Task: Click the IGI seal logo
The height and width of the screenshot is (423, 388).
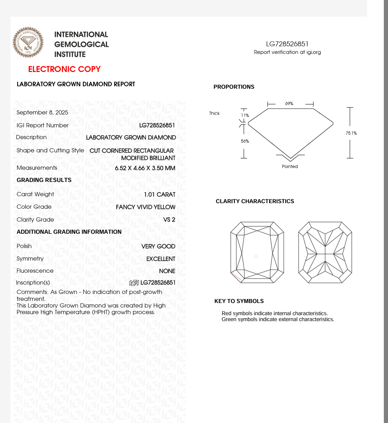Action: [28, 42]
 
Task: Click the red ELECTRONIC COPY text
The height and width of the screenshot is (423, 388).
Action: [64, 69]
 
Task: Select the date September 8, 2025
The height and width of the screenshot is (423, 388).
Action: [42, 112]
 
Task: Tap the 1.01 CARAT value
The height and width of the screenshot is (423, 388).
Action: [160, 194]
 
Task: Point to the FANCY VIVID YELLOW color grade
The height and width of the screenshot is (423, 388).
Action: [145, 207]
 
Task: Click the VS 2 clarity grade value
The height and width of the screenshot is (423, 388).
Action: [169, 220]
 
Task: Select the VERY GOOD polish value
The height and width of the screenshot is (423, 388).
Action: [158, 246]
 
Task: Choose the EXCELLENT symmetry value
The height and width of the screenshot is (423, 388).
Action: [161, 259]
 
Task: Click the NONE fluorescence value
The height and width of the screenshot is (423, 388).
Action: [167, 271]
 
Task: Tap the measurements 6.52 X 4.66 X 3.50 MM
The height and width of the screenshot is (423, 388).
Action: [145, 168]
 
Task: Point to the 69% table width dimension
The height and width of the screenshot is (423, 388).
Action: [289, 104]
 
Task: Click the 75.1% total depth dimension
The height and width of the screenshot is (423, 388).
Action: [351, 133]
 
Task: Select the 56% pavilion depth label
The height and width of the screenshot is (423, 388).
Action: [245, 141]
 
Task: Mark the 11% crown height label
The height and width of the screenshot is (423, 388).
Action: [245, 115]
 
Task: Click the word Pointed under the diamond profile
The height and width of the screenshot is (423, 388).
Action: [290, 167]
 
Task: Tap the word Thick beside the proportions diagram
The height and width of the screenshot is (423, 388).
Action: [214, 113]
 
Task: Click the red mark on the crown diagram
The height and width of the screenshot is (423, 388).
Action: [236, 277]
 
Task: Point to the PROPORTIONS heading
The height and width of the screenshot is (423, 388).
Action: [234, 87]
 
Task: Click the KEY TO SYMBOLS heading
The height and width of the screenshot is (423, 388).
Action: [239, 301]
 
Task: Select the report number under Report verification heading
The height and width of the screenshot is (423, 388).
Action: [287, 44]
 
